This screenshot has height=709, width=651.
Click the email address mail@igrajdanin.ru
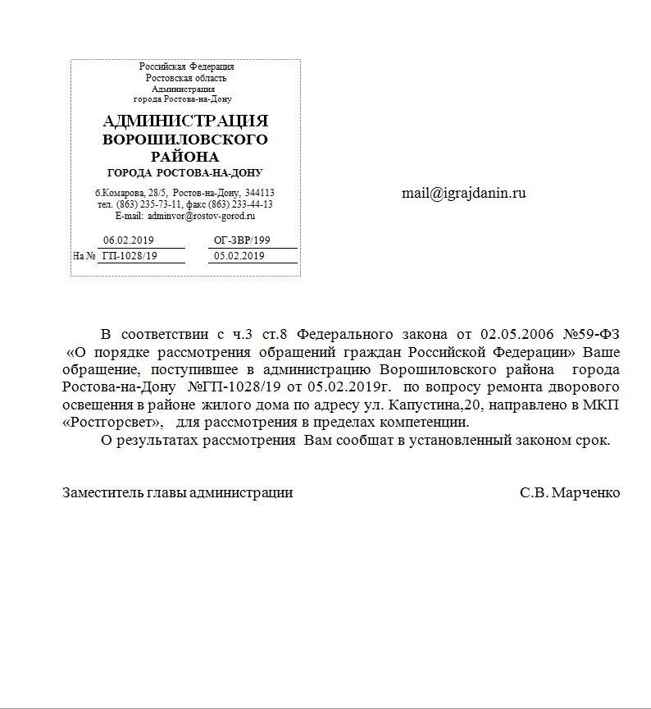click(463, 194)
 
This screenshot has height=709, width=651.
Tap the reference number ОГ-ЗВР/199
click(242, 241)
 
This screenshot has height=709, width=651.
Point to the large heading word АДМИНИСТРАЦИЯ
click(186, 121)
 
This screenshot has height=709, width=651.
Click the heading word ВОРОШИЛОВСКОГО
click(185, 139)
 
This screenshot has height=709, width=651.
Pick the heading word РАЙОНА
click(185, 156)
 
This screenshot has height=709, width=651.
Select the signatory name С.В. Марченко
click(569, 493)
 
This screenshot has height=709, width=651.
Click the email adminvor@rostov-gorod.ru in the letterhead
click(200, 216)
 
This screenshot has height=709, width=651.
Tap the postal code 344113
click(259, 192)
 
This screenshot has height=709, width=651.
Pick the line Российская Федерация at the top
click(186, 66)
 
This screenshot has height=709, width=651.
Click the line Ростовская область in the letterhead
click(186, 77)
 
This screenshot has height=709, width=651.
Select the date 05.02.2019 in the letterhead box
click(239, 256)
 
